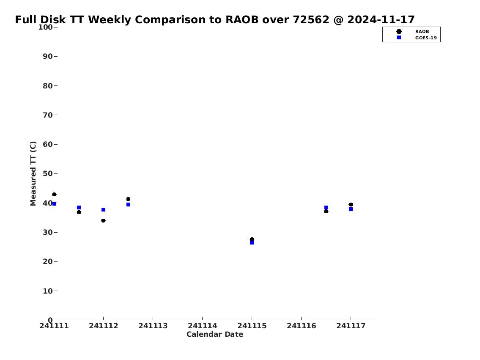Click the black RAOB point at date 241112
tap(104, 220)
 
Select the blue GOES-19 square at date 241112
tap(104, 210)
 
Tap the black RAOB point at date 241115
tap(252, 239)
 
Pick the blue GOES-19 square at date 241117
tap(351, 209)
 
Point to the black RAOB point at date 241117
tap(351, 204)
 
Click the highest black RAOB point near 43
tap(54, 195)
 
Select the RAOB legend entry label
tap(422, 32)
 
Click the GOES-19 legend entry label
tap(426, 38)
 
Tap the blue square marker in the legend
tap(399, 37)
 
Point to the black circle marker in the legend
tap(399, 32)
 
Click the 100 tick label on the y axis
tap(45, 27)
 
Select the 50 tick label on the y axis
tap(48, 173)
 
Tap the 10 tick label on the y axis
tap(48, 291)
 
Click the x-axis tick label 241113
tap(153, 326)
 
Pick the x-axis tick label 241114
tap(202, 326)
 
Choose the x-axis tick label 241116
tap(302, 326)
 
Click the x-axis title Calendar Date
tap(215, 334)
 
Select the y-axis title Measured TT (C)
tap(33, 173)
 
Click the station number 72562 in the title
tap(311, 19)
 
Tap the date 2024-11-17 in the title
tap(381, 19)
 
